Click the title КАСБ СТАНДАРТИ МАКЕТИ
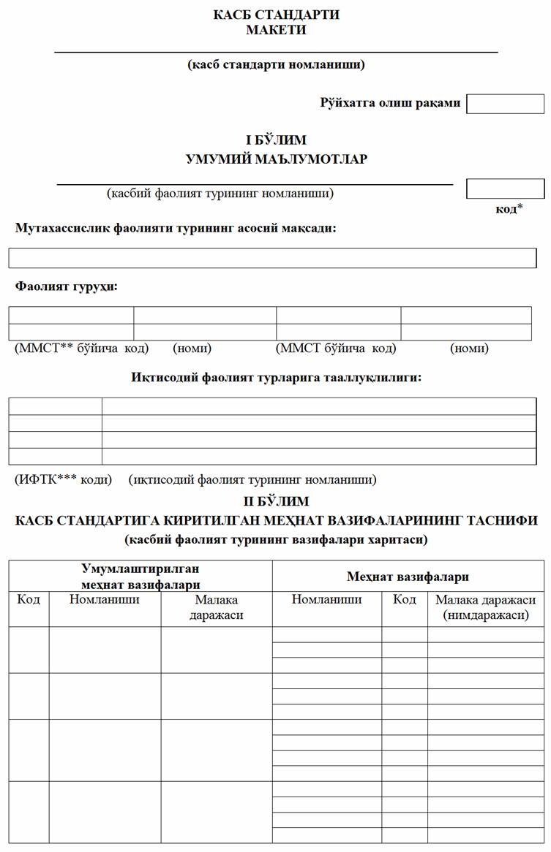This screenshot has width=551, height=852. pyautogui.click(x=276, y=22)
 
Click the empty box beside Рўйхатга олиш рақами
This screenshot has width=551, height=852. pyautogui.click(x=505, y=104)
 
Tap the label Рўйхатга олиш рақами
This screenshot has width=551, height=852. pyautogui.click(x=390, y=103)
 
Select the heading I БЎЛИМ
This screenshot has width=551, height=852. pyautogui.click(x=276, y=140)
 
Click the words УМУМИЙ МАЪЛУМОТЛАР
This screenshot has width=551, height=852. pyautogui.click(x=276, y=159)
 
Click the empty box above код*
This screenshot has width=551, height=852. pyautogui.click(x=505, y=189)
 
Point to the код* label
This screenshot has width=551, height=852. pyautogui.click(x=509, y=209)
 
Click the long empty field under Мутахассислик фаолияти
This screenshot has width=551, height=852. pyautogui.click(x=272, y=258)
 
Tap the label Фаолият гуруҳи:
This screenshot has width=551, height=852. pyautogui.click(x=67, y=286)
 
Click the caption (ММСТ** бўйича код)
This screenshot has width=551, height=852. pyautogui.click(x=81, y=349)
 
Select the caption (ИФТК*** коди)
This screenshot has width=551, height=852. pyautogui.click(x=64, y=480)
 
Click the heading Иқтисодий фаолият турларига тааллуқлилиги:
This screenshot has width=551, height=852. pyautogui.click(x=276, y=378)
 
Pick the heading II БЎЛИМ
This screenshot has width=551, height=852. pyautogui.click(x=276, y=501)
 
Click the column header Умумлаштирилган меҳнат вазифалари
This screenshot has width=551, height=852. pyautogui.click(x=140, y=576)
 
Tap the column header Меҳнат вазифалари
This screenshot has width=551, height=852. pyautogui.click(x=408, y=577)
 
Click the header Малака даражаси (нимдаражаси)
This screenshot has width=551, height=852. pyautogui.click(x=485, y=608)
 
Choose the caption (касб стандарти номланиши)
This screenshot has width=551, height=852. pyautogui.click(x=276, y=64)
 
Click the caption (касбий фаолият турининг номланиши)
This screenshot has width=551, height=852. pyautogui.click(x=220, y=194)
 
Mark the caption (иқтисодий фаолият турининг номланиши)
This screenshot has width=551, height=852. pyautogui.click(x=252, y=480)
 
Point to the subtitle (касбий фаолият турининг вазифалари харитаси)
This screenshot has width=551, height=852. pyautogui.click(x=276, y=541)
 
